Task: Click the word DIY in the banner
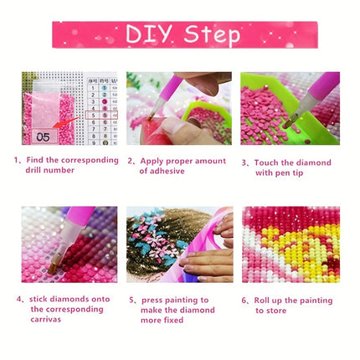[x=148, y=34]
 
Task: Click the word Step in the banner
[x=212, y=35]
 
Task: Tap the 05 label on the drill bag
[x=43, y=137]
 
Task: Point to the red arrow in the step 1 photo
[x=66, y=122]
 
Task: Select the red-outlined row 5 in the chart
[x=101, y=115]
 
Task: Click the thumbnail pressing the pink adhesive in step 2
[x=172, y=126]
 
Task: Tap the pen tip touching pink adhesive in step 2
[x=151, y=116]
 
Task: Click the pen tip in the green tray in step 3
[x=287, y=124]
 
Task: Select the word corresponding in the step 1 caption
[x=90, y=160]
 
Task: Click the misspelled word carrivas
[x=46, y=319]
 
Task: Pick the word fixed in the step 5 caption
[x=172, y=320]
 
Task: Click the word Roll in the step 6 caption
[x=261, y=301]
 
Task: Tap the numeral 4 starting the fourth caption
[x=18, y=299]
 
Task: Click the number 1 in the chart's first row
[x=93, y=88]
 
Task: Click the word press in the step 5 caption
[x=152, y=301]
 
